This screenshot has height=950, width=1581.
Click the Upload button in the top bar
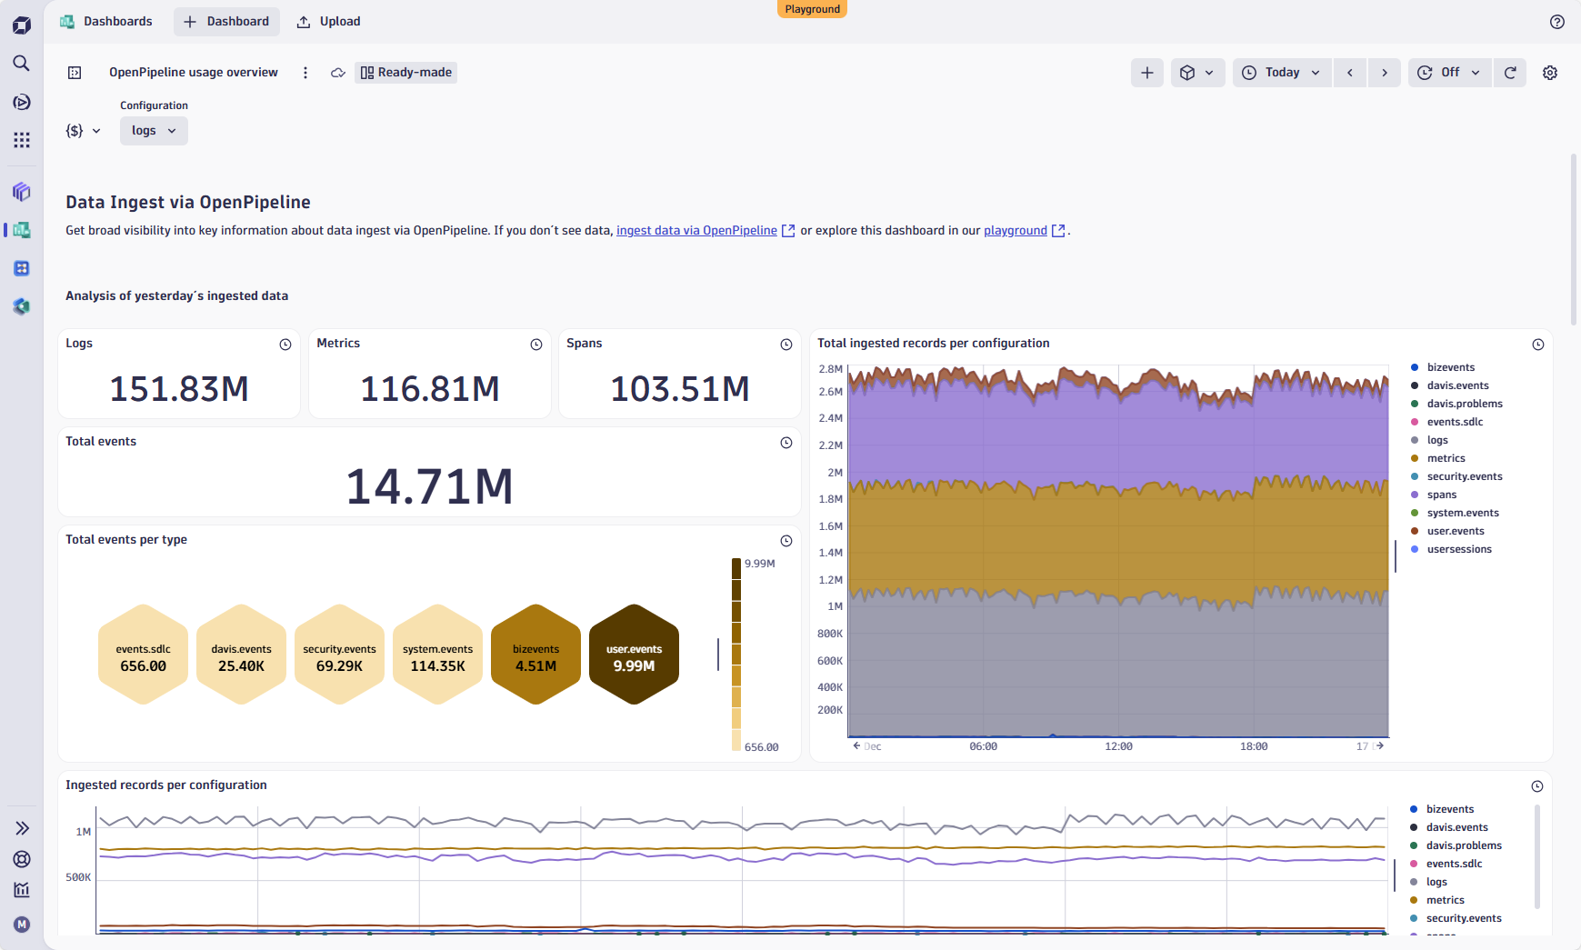coord(329,22)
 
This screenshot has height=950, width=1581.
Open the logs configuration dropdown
coord(154,131)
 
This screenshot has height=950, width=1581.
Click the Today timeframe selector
coord(1281,73)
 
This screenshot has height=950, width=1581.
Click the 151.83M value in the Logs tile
coord(179,389)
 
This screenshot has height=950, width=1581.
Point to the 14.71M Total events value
coord(429,486)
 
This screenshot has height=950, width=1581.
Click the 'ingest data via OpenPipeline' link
coord(696,231)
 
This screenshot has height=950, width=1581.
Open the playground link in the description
coord(1015,231)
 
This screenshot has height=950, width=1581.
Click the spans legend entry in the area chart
coord(1441,495)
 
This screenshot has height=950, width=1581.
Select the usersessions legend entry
coord(1458,549)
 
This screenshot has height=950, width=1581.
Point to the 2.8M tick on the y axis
coord(830,369)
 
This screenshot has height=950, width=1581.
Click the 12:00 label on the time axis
coord(1118,746)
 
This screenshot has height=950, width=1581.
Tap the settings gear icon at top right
coord(1550,73)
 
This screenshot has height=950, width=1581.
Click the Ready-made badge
coord(406,73)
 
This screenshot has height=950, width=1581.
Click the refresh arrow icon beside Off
coord(1510,73)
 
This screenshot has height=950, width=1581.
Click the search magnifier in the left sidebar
coord(22,63)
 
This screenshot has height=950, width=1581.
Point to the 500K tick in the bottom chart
coord(78,877)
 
